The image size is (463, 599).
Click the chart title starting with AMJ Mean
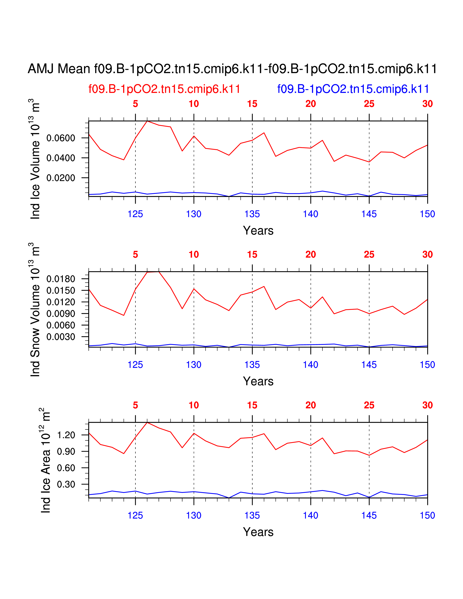[232, 69]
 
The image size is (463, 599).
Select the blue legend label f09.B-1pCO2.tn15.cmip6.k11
[353, 89]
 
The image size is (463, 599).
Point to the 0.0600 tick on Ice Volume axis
[61, 138]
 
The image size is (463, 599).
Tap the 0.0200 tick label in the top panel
[61, 178]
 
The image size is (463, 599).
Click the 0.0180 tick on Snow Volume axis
[61, 279]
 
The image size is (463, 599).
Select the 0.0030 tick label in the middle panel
[61, 337]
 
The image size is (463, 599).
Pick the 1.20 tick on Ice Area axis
[66, 435]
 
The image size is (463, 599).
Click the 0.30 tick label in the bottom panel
[66, 484]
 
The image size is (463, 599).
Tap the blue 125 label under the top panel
[135, 214]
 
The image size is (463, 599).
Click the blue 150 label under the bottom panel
[427, 516]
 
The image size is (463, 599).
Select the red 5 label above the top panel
[135, 104]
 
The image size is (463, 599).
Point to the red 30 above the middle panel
[427, 254]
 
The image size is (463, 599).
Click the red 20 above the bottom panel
[310, 405]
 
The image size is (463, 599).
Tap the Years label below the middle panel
[258, 381]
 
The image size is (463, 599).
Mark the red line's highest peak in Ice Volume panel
[147, 121]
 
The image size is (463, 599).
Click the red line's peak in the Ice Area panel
[147, 422]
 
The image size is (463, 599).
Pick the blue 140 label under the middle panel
[310, 365]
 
